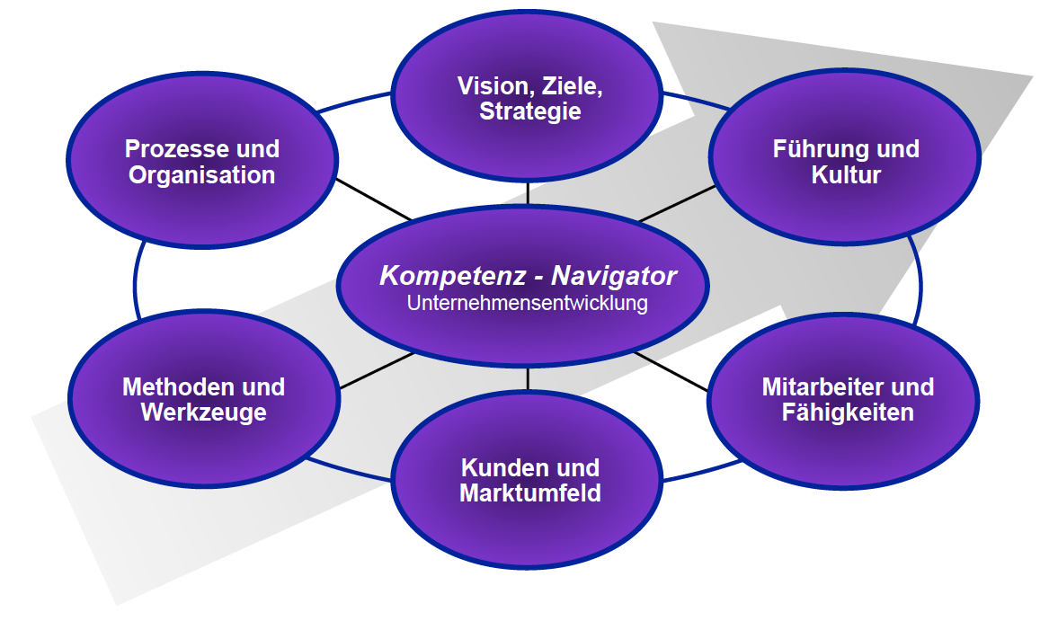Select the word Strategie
coord(529,111)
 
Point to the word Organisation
coord(201,174)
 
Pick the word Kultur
coord(846,174)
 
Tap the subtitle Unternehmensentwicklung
coord(528,303)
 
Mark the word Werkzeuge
coord(203,413)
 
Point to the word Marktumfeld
coord(529,493)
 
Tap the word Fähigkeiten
coord(848,413)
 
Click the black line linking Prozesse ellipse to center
coord(373,200)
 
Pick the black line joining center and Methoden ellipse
coord(378,370)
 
